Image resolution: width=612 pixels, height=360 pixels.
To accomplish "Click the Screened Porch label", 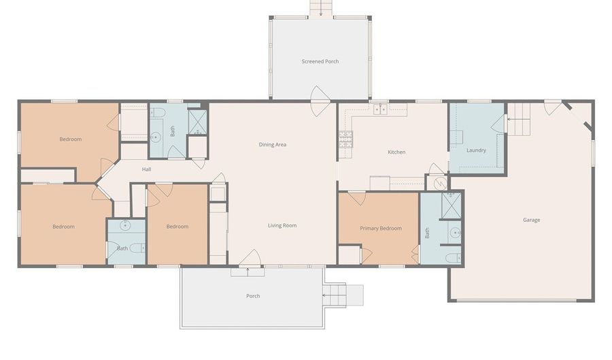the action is (320, 61).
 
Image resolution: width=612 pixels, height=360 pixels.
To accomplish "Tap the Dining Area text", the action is (273, 144).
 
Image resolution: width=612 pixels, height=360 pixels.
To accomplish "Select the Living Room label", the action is (282, 225).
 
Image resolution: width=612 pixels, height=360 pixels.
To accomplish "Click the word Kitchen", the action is (396, 152).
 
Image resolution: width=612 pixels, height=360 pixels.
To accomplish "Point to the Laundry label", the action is (476, 150).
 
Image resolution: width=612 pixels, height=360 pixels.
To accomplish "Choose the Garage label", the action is (531, 220).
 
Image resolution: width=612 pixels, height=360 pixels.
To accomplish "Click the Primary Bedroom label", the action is (381, 228).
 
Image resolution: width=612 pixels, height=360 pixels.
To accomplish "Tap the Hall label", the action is (146, 169).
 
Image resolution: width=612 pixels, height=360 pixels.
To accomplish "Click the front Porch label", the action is (253, 296).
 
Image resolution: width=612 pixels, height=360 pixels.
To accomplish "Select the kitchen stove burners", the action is (345, 140).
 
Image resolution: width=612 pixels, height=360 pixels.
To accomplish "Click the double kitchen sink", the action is (380, 109).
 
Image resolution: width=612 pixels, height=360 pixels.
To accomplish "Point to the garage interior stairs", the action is (519, 120).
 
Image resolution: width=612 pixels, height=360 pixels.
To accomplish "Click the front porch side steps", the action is (335, 295).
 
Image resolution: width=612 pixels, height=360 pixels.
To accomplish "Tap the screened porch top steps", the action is (321, 7).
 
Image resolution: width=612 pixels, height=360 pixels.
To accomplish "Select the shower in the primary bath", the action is (452, 206).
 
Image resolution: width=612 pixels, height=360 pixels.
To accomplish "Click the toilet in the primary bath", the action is (454, 258).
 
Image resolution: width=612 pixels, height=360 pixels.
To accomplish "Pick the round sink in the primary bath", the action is (455, 233).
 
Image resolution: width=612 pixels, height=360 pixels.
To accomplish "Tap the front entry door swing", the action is (250, 258).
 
